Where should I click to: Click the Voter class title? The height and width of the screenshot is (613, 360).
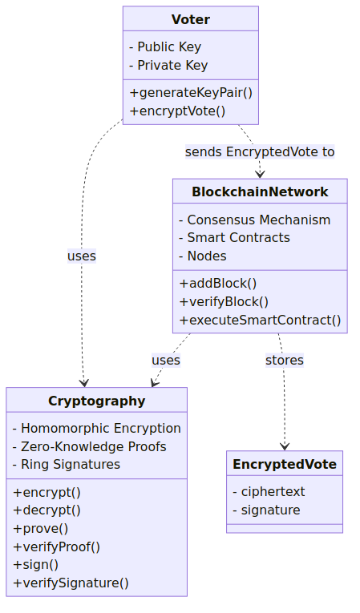coord(191,19)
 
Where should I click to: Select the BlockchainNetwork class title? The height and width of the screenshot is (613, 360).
coord(260,192)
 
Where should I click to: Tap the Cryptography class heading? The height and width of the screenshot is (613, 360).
coord(97,401)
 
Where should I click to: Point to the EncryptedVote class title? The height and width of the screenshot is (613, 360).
coord(285,464)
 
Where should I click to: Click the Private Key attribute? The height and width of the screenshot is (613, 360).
coord(168,65)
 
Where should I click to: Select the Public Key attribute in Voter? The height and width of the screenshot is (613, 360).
coord(164,47)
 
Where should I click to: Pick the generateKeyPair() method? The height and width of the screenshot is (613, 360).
coord(191,93)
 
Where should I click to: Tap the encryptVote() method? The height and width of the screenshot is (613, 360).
coord(177,111)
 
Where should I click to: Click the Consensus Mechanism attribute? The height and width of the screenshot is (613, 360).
coord(254,220)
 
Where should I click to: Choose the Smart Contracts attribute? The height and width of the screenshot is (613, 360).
coord(234,238)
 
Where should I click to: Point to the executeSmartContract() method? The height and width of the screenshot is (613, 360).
coord(261,321)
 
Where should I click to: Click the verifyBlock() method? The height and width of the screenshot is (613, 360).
coord(224,302)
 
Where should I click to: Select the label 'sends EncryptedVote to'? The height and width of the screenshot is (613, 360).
coord(260,151)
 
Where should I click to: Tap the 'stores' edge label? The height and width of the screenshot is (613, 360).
coord(285,360)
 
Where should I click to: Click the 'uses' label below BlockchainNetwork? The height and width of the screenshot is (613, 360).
coord(166,360)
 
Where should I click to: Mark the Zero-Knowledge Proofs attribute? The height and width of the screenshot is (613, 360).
coord(89,446)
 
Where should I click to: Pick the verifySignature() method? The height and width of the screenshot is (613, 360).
coord(71,583)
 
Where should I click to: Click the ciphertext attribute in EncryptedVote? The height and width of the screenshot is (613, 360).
coord(269,492)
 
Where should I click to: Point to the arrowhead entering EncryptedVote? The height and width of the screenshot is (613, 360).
coord(285,447)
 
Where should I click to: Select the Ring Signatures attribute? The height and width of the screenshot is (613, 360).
coord(66,465)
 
